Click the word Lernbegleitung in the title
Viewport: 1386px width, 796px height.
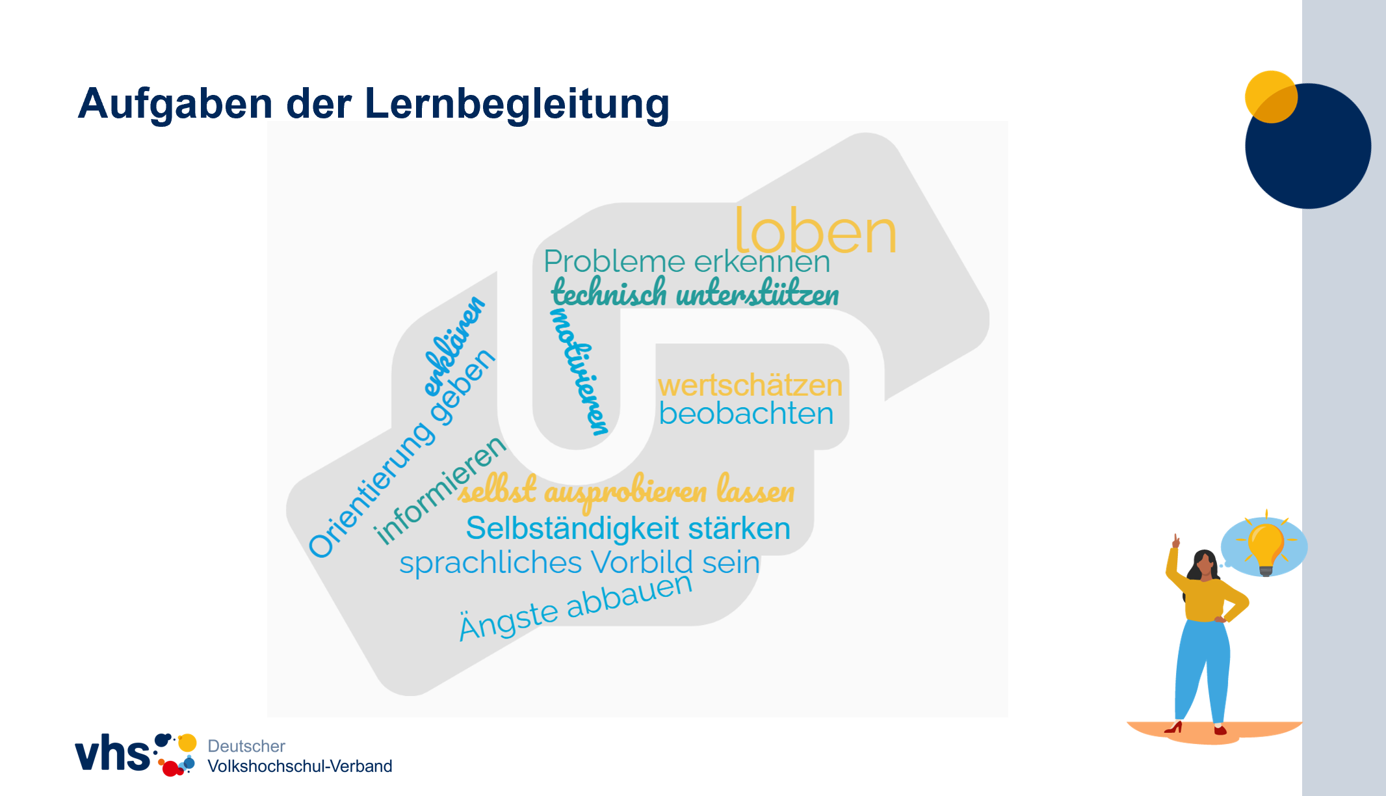pyautogui.click(x=517, y=104)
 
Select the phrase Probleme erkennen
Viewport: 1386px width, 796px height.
pyautogui.click(x=686, y=261)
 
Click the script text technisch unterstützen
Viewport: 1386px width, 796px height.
pyautogui.click(x=695, y=292)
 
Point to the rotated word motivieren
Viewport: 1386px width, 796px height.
pyautogui.click(x=580, y=371)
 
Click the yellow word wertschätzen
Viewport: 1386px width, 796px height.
pyautogui.click(x=750, y=385)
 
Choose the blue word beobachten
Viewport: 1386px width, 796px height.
pyautogui.click(x=746, y=414)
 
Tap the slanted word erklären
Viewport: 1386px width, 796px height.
pyautogui.click(x=454, y=346)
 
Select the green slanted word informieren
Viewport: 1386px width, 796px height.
pyautogui.click(x=441, y=490)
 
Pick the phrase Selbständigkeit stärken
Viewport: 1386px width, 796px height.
pyautogui.click(x=628, y=528)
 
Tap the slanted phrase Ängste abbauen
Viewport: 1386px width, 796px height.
pyautogui.click(x=576, y=607)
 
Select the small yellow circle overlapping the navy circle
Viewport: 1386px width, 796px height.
pyautogui.click(x=1271, y=97)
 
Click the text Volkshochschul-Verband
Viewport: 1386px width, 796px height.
pyautogui.click(x=300, y=766)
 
